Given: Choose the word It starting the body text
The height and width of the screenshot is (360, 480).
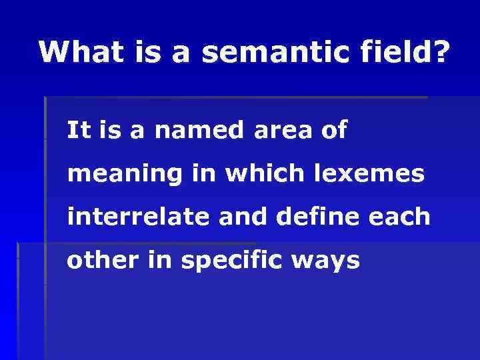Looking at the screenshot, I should [x=79, y=130].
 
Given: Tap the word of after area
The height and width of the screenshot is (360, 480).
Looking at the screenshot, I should [x=333, y=130].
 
